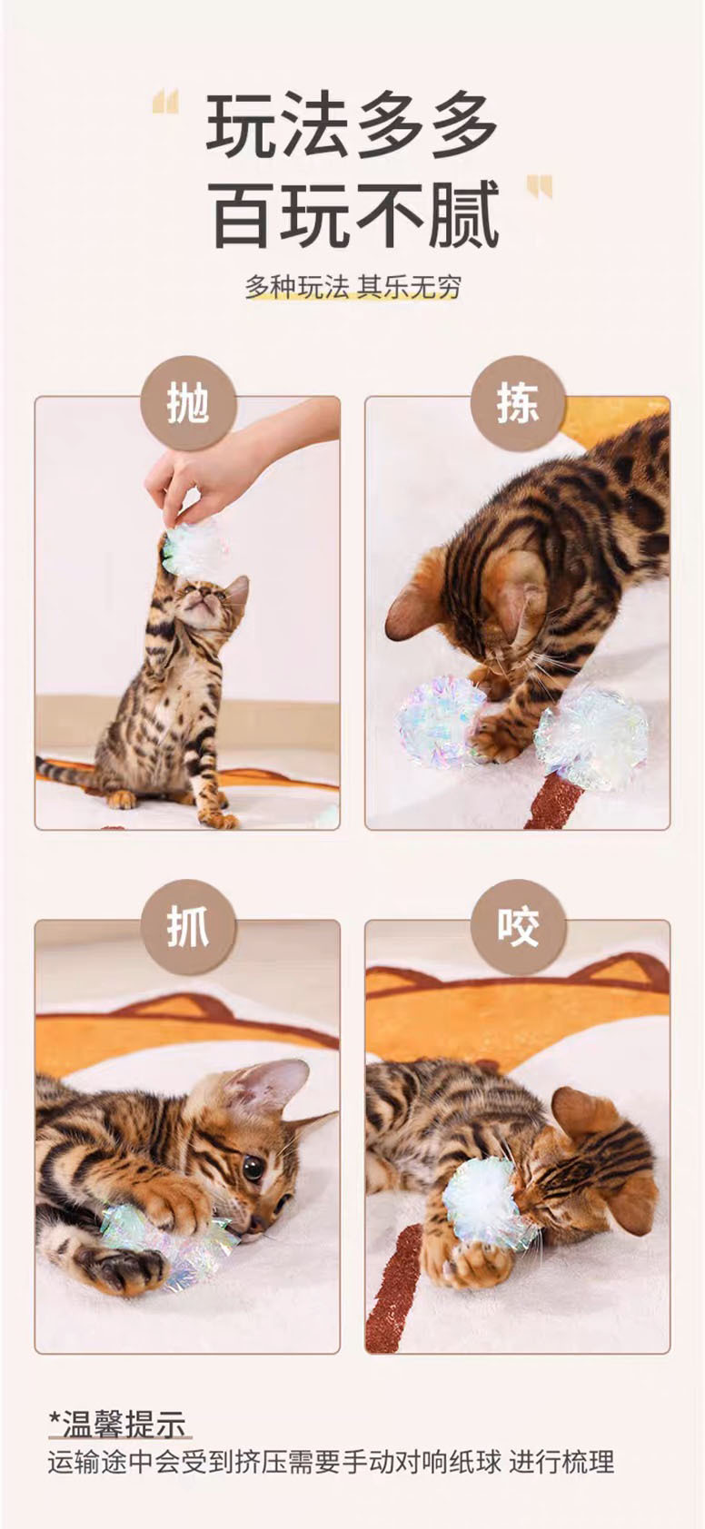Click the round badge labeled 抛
click(188, 406)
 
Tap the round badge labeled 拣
click(518, 406)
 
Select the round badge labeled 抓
click(188, 928)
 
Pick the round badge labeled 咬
click(518, 928)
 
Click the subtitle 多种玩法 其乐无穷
click(353, 288)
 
